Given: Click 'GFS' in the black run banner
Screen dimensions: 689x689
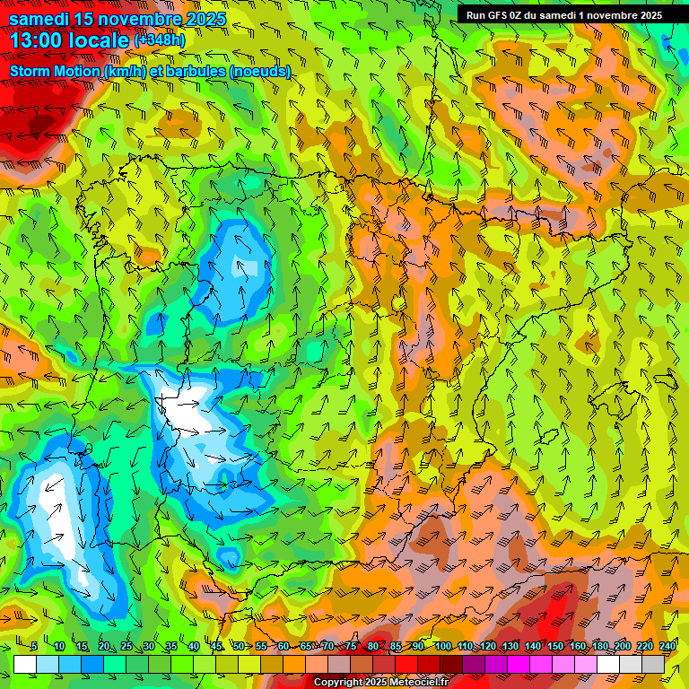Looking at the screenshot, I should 502,14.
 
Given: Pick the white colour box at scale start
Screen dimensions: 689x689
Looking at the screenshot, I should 25,664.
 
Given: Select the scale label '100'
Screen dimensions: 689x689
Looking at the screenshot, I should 443,646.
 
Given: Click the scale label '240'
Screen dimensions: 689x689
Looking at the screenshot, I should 667,646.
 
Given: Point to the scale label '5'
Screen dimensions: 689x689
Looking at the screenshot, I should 34,646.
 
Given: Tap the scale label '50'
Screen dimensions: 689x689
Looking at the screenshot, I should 239,646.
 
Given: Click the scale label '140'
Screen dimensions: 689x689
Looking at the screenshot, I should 533,646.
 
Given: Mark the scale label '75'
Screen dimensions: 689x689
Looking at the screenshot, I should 351,646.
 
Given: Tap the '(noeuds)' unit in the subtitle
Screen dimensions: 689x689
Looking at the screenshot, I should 260,71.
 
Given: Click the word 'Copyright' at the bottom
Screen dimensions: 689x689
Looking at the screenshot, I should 339,683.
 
